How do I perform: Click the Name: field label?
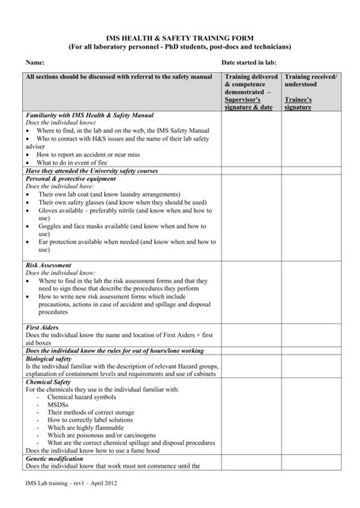[x=36, y=61]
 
